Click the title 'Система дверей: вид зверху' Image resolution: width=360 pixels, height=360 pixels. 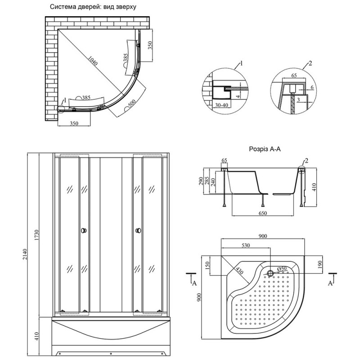pos(93,7)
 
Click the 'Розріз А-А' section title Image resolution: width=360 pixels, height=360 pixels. pos(265,149)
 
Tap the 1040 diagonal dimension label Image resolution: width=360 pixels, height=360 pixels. pos(93,60)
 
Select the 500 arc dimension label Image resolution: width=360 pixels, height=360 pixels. pos(132,104)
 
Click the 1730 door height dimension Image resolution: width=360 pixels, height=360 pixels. pos(37,235)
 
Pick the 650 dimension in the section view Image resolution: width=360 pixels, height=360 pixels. pos(263,213)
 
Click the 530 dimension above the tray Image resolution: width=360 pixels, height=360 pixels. pos(245,245)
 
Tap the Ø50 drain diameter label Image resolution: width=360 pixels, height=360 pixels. pos(282,268)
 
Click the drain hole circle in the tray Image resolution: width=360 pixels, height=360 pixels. pos(270,273)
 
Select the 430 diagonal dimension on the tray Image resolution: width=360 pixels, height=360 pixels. pos(239,271)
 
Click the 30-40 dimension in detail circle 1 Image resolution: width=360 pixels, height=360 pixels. pos(221,105)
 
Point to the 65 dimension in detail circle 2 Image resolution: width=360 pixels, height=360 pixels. pos(294,75)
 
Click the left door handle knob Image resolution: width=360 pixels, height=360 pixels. pos(84,230)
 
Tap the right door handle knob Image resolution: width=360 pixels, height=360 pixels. pos(139,230)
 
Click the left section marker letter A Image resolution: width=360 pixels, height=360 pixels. pos(194,283)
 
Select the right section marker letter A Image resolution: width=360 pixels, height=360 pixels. pos(330,283)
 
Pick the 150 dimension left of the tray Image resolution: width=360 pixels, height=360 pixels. pos(207,265)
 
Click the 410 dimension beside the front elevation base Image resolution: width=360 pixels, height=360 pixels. pos(37,337)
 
